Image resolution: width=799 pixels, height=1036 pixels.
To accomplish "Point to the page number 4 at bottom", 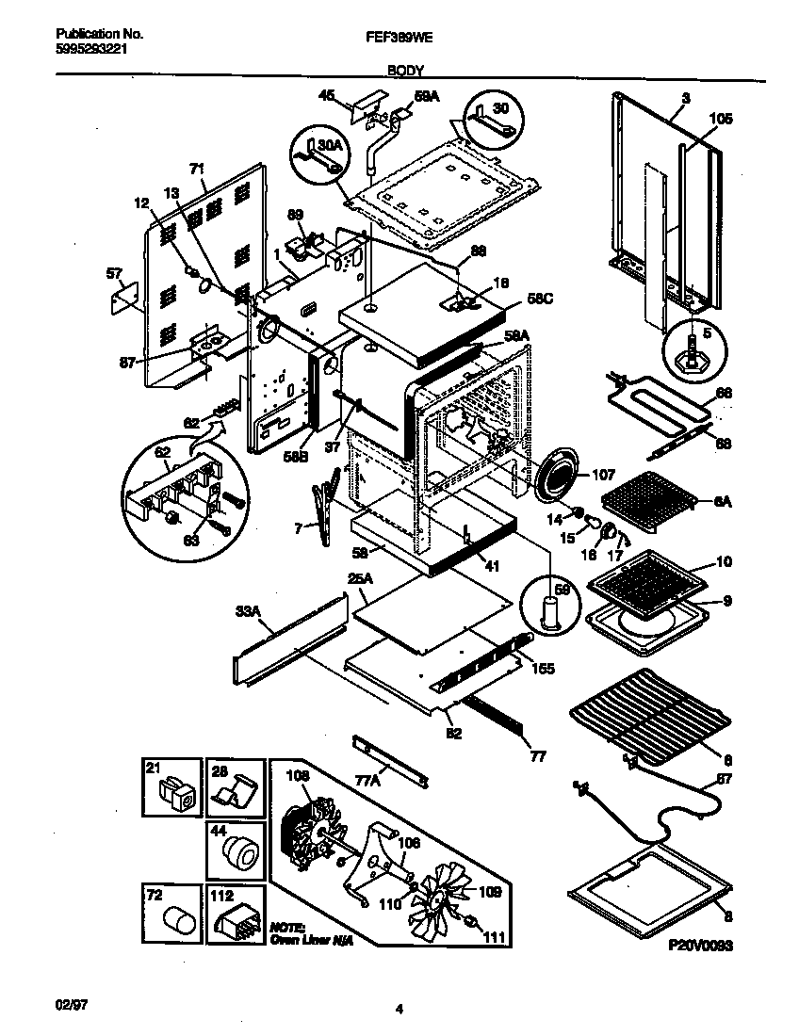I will coord(399,1009).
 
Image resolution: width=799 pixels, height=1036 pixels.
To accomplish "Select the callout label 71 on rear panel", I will coord(196,170).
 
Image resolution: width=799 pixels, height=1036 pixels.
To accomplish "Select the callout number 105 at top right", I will coord(720,119).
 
